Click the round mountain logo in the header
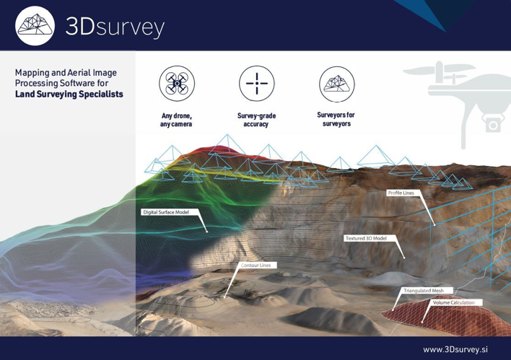tap(35, 26)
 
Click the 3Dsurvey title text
tap(115, 27)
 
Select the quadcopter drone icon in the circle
tap(177, 84)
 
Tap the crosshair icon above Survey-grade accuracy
tap(257, 84)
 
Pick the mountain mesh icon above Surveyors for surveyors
tap(336, 84)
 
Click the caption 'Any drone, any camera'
tap(176, 120)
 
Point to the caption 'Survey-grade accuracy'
tap(256, 120)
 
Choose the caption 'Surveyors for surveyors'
tap(336, 119)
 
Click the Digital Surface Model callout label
tap(166, 212)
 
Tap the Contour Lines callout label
tap(256, 265)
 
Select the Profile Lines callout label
tap(401, 193)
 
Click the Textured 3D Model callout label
tap(366, 238)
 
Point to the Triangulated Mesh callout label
tap(424, 291)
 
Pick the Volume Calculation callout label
tap(454, 303)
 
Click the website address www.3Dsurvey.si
tap(455, 350)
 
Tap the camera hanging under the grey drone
tap(492, 124)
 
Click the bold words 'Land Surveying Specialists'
tap(69, 95)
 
